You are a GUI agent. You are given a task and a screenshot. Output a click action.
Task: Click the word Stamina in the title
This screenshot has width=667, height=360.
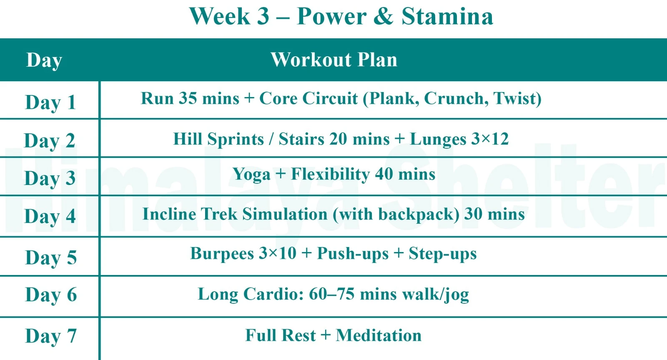[x=447, y=17]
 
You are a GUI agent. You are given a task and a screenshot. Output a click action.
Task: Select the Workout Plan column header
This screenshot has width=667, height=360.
[x=334, y=60]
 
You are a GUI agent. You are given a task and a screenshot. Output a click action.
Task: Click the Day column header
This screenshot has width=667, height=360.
[x=44, y=60]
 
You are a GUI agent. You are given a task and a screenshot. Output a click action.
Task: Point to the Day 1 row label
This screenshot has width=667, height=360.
[x=50, y=102]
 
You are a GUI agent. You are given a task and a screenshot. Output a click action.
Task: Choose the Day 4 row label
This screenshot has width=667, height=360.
[x=50, y=216]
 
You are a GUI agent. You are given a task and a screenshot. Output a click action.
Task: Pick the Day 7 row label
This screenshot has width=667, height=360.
[x=51, y=336]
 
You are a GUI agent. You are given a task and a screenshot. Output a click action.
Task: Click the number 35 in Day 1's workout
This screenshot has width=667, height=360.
[x=188, y=98]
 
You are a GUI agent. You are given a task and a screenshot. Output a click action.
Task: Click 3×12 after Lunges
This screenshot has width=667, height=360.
[x=490, y=139]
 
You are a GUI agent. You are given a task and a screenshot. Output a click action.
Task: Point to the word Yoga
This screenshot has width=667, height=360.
[x=251, y=175]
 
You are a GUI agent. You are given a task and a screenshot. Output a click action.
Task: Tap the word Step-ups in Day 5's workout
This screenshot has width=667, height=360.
[x=442, y=254]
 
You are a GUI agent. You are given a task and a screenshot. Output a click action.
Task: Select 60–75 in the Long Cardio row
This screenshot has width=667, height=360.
[x=331, y=294]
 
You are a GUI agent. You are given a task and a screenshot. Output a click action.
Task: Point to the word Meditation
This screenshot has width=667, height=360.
[x=379, y=335]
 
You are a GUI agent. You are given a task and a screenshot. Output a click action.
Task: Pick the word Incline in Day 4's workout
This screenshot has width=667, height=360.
[x=169, y=214]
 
